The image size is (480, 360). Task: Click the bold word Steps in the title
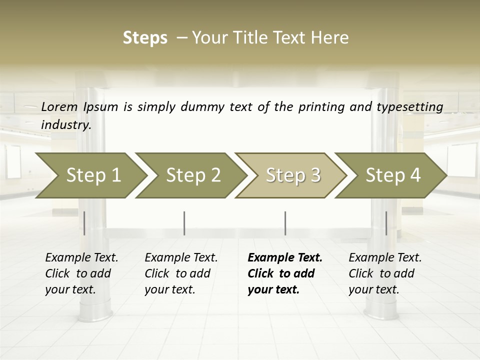click(145, 38)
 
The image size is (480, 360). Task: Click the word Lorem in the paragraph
click(59, 106)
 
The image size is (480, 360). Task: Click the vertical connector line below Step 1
click(84, 223)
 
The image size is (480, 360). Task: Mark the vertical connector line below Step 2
click(184, 223)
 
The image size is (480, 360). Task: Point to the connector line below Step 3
click(285, 223)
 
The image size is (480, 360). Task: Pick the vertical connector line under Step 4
click(386, 223)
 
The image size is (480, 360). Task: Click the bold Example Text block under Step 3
click(285, 273)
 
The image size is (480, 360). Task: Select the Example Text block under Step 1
click(81, 273)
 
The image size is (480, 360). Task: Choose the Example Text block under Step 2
click(181, 273)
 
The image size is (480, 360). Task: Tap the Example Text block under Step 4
click(385, 273)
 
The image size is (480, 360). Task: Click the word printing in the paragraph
click(321, 106)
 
